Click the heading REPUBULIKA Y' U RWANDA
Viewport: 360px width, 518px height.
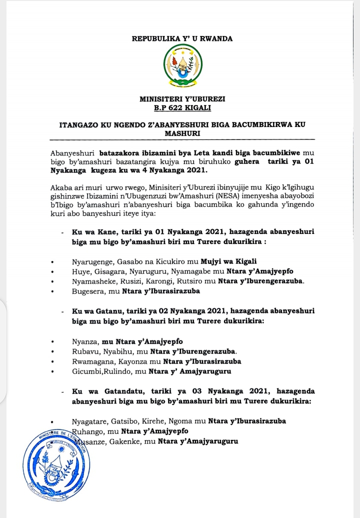click(182, 38)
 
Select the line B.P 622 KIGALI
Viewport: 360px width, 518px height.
click(182, 107)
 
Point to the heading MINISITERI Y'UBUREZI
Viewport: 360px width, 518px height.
click(182, 99)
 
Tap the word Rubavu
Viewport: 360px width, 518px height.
click(83, 350)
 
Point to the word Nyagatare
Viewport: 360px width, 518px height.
click(89, 420)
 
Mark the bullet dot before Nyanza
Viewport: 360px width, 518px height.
click(53, 341)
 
